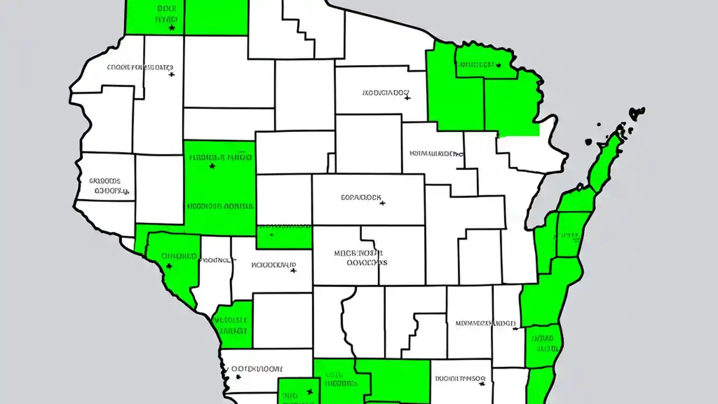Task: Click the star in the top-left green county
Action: click(x=172, y=27)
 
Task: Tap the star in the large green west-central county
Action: click(x=212, y=166)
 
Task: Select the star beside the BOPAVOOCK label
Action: click(x=383, y=203)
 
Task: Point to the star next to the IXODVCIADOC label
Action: click(x=408, y=98)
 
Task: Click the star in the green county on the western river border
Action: click(x=169, y=266)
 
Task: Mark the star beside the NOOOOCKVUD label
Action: click(x=293, y=270)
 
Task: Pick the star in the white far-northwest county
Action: click(x=171, y=74)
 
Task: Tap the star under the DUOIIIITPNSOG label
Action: click(x=482, y=385)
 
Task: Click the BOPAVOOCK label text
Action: click(x=361, y=198)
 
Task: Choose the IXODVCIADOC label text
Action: click(x=386, y=93)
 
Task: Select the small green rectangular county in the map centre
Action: click(x=284, y=236)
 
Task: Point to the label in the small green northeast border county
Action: click(x=477, y=65)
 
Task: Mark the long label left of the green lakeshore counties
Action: click(x=485, y=323)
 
